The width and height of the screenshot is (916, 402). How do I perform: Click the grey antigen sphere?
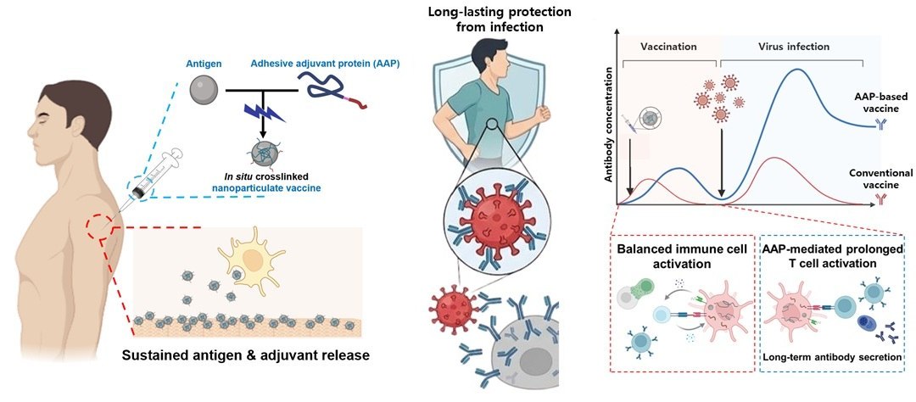coord(204,90)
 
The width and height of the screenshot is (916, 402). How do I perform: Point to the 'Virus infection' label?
coord(793,46)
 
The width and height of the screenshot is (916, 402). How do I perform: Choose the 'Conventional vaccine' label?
coord(877,179)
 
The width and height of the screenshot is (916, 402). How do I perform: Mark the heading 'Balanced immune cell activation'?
coord(681,257)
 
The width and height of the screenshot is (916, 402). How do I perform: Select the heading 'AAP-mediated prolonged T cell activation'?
coord(833,256)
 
